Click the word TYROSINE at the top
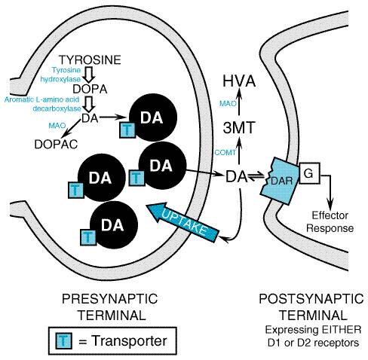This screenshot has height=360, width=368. (x=90, y=60)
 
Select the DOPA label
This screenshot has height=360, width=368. (x=90, y=89)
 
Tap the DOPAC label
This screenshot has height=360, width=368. (x=56, y=145)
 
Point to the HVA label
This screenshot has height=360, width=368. (x=239, y=81)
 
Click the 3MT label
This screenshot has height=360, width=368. (x=239, y=127)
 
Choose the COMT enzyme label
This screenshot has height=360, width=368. (x=225, y=152)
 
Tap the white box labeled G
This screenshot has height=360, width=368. (x=309, y=173)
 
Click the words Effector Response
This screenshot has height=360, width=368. (x=330, y=222)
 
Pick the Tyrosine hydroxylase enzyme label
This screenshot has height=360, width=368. (x=61, y=75)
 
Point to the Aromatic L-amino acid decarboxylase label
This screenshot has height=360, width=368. (x=43, y=104)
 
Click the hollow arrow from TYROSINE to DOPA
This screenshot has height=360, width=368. (x=89, y=75)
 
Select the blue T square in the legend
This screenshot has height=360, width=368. (x=63, y=340)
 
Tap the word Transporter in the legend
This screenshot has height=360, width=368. (x=129, y=340)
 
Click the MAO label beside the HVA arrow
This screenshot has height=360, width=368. (x=228, y=103)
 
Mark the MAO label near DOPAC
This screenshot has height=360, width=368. (x=57, y=125)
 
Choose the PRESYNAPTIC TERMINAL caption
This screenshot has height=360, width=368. (x=110, y=307)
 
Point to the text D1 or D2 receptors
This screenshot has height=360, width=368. (x=313, y=343)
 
